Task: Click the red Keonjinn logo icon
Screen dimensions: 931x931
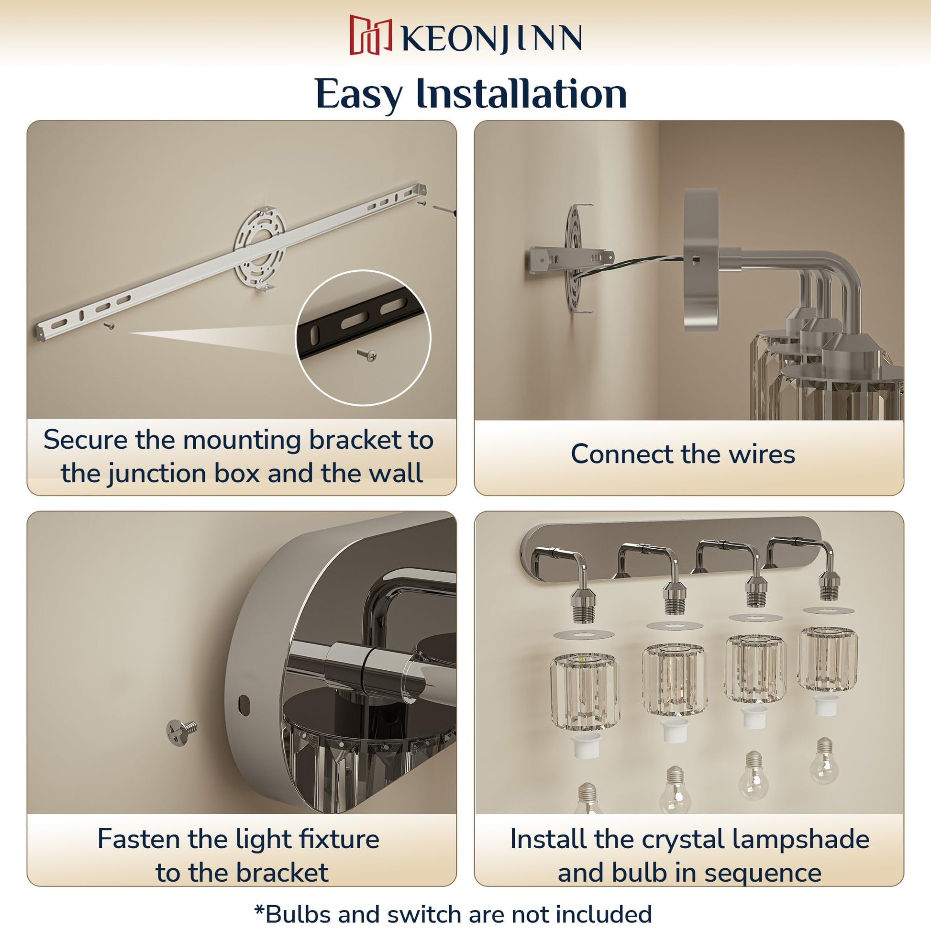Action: (x=370, y=35)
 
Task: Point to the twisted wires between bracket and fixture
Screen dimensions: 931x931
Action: (x=629, y=266)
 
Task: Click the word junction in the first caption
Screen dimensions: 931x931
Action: (x=157, y=474)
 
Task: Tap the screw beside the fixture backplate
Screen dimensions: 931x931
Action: (x=182, y=733)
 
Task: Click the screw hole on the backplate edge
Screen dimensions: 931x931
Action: (x=244, y=705)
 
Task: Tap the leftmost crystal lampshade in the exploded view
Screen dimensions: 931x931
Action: (x=585, y=691)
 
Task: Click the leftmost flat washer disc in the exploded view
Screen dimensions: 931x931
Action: (x=584, y=634)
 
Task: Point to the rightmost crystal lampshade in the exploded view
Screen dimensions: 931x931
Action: (x=827, y=659)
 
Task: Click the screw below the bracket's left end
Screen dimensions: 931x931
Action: (x=110, y=326)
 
